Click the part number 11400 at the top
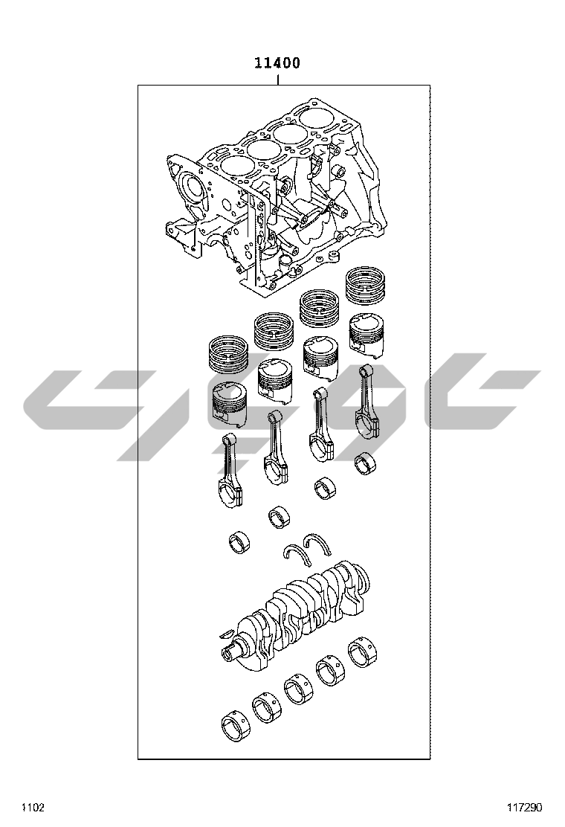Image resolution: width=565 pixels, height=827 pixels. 277,63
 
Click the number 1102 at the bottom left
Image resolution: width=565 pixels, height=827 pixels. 33,807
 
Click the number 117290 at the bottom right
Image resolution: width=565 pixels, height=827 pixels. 524,807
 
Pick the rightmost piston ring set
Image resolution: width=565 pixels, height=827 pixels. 365,286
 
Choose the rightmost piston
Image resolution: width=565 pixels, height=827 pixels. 367,332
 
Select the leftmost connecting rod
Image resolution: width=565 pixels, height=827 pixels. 231,471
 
